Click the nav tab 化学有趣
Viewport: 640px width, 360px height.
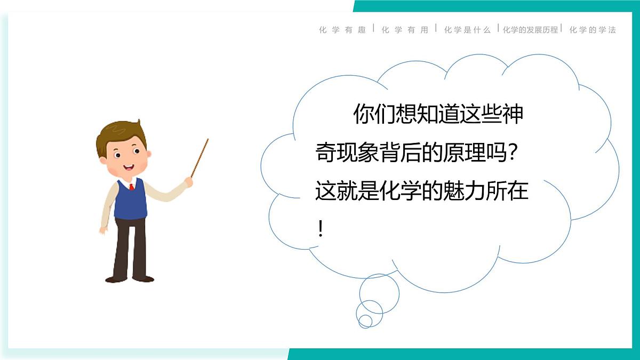pos(342,30)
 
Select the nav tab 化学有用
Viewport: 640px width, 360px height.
pos(405,30)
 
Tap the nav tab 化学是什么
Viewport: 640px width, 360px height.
pos(467,30)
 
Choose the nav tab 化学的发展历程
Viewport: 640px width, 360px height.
pos(530,30)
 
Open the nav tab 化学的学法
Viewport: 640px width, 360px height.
pos(593,30)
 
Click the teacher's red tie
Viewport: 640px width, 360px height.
pos(131,187)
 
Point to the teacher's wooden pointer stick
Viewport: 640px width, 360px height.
pos(200,157)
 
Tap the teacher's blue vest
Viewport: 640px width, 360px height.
pos(130,202)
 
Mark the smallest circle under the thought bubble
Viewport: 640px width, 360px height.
pos(365,321)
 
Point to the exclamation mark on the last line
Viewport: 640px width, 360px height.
pos(321,229)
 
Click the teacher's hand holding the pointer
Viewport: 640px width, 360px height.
pos(189,181)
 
